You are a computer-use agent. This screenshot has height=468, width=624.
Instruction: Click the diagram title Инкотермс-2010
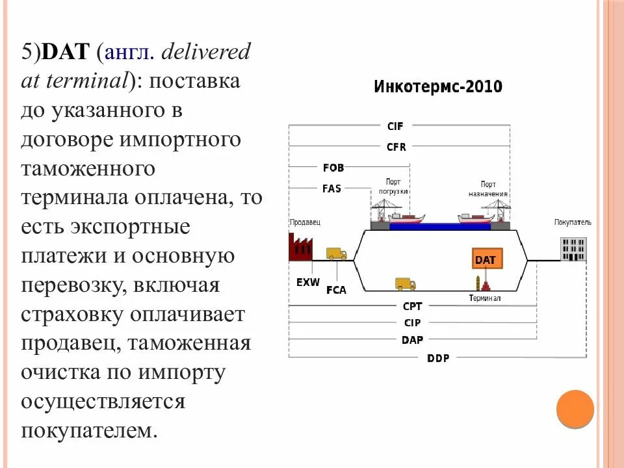point(437,87)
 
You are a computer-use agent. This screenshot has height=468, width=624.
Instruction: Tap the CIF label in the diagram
point(395,127)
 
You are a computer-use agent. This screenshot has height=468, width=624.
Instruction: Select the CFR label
point(396,147)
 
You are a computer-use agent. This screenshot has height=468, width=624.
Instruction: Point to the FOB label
point(333,168)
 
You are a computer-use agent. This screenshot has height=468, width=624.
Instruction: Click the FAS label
point(331,188)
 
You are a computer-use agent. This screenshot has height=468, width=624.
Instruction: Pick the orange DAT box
point(485,259)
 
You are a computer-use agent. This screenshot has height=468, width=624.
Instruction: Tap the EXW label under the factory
point(307,282)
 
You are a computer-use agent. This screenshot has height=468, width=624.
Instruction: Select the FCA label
point(336,290)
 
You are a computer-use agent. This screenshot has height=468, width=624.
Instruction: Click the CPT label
point(412,306)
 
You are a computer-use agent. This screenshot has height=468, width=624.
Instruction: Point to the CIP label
point(412,322)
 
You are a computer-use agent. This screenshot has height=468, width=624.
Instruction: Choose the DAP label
point(412,339)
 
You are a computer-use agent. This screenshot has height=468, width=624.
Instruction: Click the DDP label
point(437,357)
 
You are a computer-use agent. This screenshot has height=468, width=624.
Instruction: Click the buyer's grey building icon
point(573,248)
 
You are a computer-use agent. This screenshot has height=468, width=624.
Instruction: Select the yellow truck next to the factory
point(336,253)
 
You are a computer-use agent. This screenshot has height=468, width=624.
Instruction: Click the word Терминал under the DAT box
point(485,298)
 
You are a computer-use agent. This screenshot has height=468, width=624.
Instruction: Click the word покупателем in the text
point(88,430)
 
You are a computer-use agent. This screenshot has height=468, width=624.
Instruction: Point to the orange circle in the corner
point(575,409)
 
